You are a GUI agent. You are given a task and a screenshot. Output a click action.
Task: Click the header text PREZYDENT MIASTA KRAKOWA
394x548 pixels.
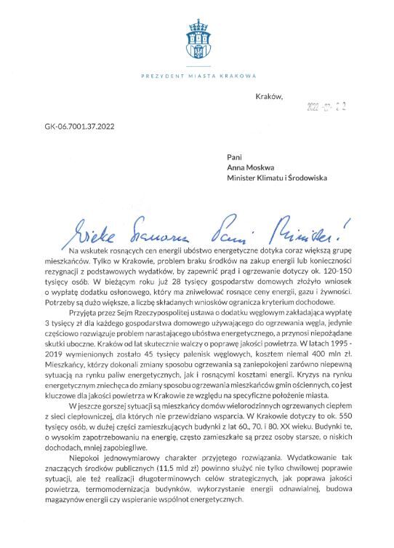coord(196,75)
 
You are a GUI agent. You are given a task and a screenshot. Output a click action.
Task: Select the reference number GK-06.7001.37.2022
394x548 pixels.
coord(81,126)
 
